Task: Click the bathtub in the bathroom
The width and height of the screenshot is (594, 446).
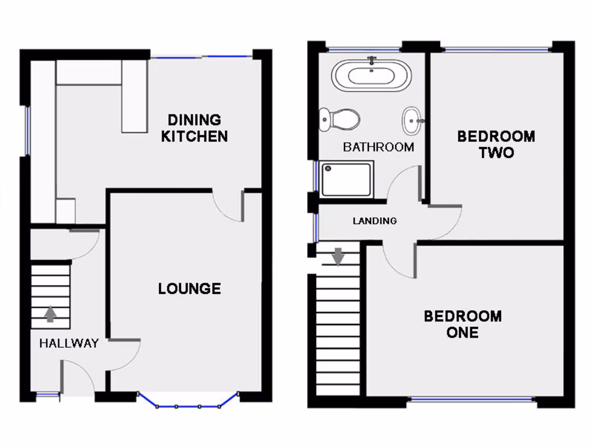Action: pyautogui.click(x=371, y=76)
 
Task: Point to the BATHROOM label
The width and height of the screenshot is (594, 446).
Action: pyautogui.click(x=378, y=147)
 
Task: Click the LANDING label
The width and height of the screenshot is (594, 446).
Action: pyautogui.click(x=375, y=221)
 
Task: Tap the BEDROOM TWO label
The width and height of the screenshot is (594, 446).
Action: pyautogui.click(x=496, y=144)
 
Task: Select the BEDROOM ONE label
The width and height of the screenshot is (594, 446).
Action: pyautogui.click(x=462, y=324)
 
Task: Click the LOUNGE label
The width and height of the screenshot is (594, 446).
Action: pyautogui.click(x=189, y=289)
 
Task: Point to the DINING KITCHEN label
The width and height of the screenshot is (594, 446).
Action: pyautogui.click(x=194, y=128)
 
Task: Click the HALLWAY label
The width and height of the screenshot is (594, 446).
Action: pyautogui.click(x=68, y=343)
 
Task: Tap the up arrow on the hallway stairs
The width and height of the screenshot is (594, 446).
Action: pyautogui.click(x=50, y=314)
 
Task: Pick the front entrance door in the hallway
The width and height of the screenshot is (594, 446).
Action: pyautogui.click(x=78, y=377)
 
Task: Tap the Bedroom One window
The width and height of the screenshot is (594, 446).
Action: pyautogui.click(x=471, y=399)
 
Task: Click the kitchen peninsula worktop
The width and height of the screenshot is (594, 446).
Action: pyautogui.click(x=134, y=96)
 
